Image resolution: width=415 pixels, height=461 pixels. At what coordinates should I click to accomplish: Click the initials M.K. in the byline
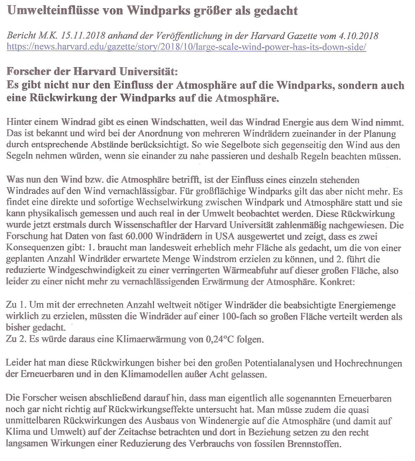[48, 36]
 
